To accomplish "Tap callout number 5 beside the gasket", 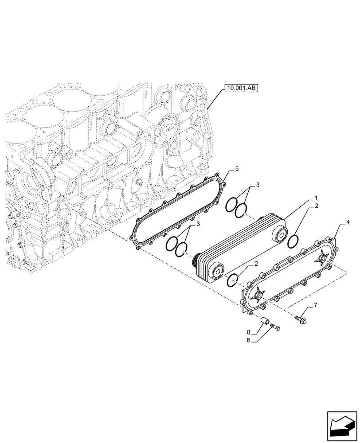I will tap(237, 169).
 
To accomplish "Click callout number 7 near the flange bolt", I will tap(315, 305).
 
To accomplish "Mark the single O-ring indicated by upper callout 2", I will tap(293, 242).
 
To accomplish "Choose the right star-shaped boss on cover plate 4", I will tap(321, 256).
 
